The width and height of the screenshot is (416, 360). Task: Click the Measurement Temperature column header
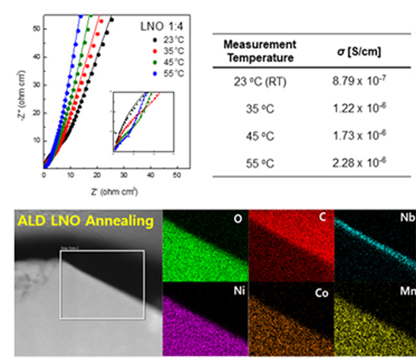pyautogui.click(x=259, y=51)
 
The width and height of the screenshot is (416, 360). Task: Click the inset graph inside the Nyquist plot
pyautogui.click(x=143, y=123)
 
